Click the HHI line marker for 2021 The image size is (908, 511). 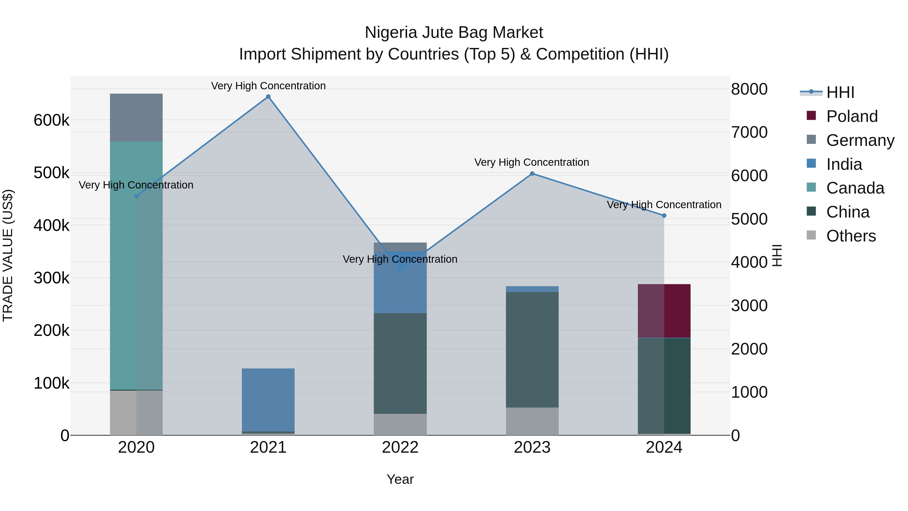pyautogui.click(x=268, y=97)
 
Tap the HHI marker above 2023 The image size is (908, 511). pyautogui.click(x=532, y=174)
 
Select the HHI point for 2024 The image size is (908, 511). pyautogui.click(x=664, y=216)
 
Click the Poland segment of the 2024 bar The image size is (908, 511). pyautogui.click(x=664, y=311)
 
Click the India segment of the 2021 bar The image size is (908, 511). pyautogui.click(x=268, y=399)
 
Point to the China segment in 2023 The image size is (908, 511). pyautogui.click(x=532, y=349)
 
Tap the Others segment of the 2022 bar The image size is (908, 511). pyautogui.click(x=400, y=424)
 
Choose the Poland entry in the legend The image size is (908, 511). pyautogui.click(x=852, y=116)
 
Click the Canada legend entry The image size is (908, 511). pyautogui.click(x=855, y=188)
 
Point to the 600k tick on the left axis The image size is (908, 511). pyautogui.click(x=51, y=120)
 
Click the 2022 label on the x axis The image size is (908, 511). pyautogui.click(x=400, y=447)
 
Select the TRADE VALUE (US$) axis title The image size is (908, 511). pyautogui.click(x=8, y=255)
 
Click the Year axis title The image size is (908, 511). pyautogui.click(x=400, y=479)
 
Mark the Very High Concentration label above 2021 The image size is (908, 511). pyautogui.click(x=268, y=86)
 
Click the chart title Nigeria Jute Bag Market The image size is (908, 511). pyautogui.click(x=454, y=33)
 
